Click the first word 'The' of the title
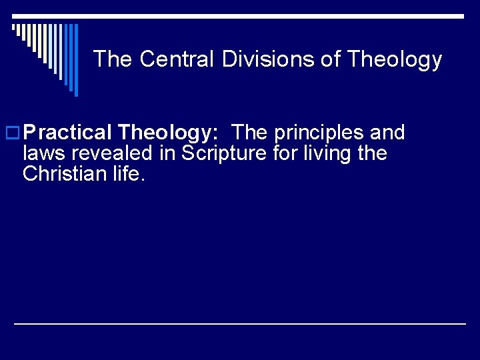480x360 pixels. pos(113,60)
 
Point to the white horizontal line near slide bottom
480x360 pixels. pos(240,323)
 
